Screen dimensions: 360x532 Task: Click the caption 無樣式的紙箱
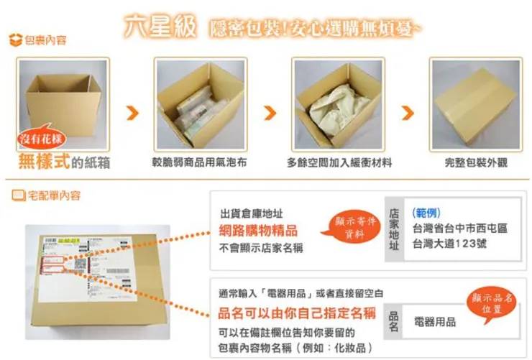click(x=64, y=162)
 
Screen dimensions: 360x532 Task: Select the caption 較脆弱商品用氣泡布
click(x=199, y=163)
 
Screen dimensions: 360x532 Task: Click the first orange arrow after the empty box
click(x=132, y=114)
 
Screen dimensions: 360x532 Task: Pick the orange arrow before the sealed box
click(x=408, y=114)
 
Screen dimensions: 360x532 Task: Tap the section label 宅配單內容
click(x=47, y=195)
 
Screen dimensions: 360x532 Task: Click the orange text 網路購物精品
click(x=258, y=231)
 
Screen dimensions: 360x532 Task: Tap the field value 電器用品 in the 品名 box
click(x=435, y=322)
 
